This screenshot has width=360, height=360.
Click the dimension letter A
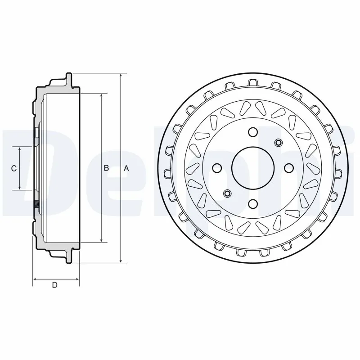click(x=126, y=168)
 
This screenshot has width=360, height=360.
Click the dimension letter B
click(x=106, y=168)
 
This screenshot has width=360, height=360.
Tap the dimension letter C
click(x=14, y=168)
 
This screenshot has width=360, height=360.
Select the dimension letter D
click(x=54, y=285)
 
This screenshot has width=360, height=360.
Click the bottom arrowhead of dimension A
click(x=121, y=261)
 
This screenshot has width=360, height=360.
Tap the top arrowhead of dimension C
click(x=19, y=149)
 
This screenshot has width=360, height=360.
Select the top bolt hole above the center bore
click(x=252, y=132)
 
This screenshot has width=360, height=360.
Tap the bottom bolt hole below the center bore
click(x=252, y=204)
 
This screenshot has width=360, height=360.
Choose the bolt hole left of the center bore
click(x=217, y=168)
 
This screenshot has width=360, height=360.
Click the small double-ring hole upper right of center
click(x=278, y=143)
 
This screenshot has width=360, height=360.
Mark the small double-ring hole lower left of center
click(x=227, y=193)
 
